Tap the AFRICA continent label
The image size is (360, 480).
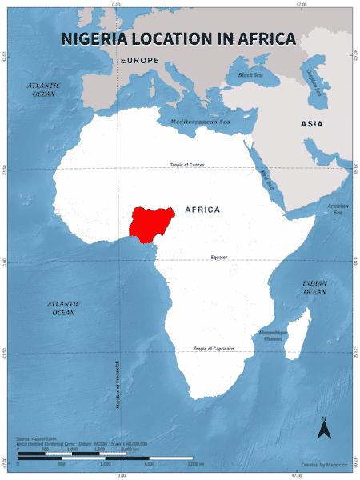pos(202,210)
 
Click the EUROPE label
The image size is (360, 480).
pos(140,61)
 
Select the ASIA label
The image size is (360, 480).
pos(311,124)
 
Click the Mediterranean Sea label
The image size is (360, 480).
pos(199,122)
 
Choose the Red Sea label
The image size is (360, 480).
pos(265,181)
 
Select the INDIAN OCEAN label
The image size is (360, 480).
pos(314,287)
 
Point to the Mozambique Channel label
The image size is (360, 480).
pos(272,335)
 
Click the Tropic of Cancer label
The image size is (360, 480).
pos(187,165)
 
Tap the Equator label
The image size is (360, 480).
pos(219,257)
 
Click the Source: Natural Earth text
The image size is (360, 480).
pos(35,439)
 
